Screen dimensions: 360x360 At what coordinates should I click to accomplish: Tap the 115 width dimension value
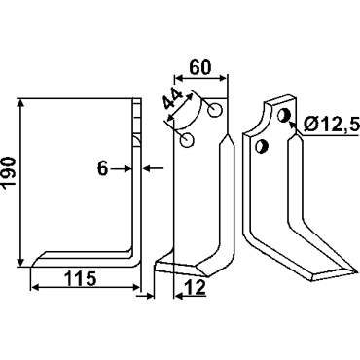81,278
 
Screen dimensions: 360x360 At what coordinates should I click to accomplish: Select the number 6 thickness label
103,168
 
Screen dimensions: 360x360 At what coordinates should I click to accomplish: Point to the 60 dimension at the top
200,67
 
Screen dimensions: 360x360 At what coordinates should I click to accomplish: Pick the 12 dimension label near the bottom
195,287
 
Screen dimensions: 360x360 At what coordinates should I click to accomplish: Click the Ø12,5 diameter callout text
331,124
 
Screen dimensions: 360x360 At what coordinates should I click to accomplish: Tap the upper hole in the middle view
215,110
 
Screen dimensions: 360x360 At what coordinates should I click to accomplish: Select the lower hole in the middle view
187,140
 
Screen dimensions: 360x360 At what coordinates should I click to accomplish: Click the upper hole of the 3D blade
283,115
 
